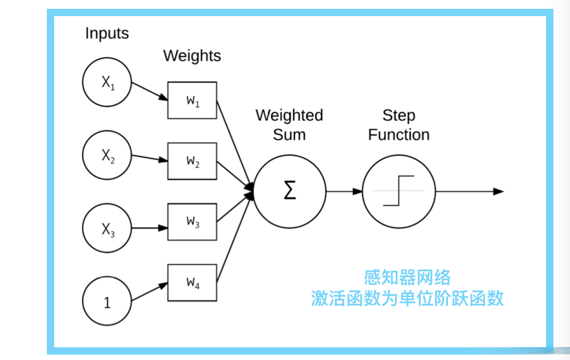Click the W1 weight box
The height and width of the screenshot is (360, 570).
(192, 100)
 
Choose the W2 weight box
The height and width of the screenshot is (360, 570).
(192, 161)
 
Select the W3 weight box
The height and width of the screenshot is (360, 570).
(192, 222)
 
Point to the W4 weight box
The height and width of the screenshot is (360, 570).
(192, 282)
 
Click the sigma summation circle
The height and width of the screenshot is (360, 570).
(290, 192)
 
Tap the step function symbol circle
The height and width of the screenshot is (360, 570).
(399, 192)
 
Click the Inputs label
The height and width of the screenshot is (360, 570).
(107, 34)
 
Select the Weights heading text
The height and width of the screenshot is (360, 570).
(192, 56)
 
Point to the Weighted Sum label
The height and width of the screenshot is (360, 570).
(289, 125)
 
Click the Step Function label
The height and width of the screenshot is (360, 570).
(399, 125)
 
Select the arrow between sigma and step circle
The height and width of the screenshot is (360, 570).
(344, 192)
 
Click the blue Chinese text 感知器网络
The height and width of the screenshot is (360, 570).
(407, 278)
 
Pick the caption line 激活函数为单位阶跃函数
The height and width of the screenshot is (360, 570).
(407, 298)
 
